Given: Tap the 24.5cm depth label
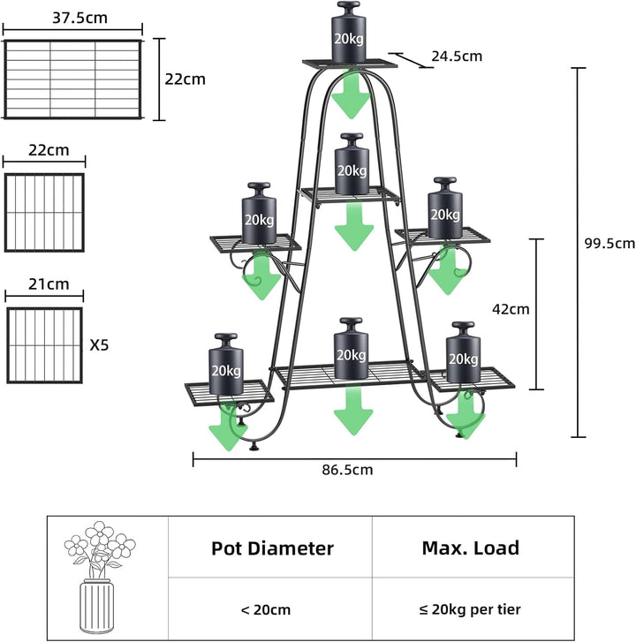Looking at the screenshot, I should (x=457, y=57).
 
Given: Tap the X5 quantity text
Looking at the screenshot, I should (x=100, y=346).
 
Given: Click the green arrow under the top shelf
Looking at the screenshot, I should (x=351, y=94).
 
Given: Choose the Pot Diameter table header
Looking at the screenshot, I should (x=272, y=548).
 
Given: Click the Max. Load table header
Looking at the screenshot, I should (x=470, y=548).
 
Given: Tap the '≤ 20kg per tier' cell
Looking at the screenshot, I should (x=470, y=609).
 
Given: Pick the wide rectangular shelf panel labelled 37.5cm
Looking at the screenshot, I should (x=73, y=79).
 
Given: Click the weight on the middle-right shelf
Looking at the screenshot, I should (x=444, y=208).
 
